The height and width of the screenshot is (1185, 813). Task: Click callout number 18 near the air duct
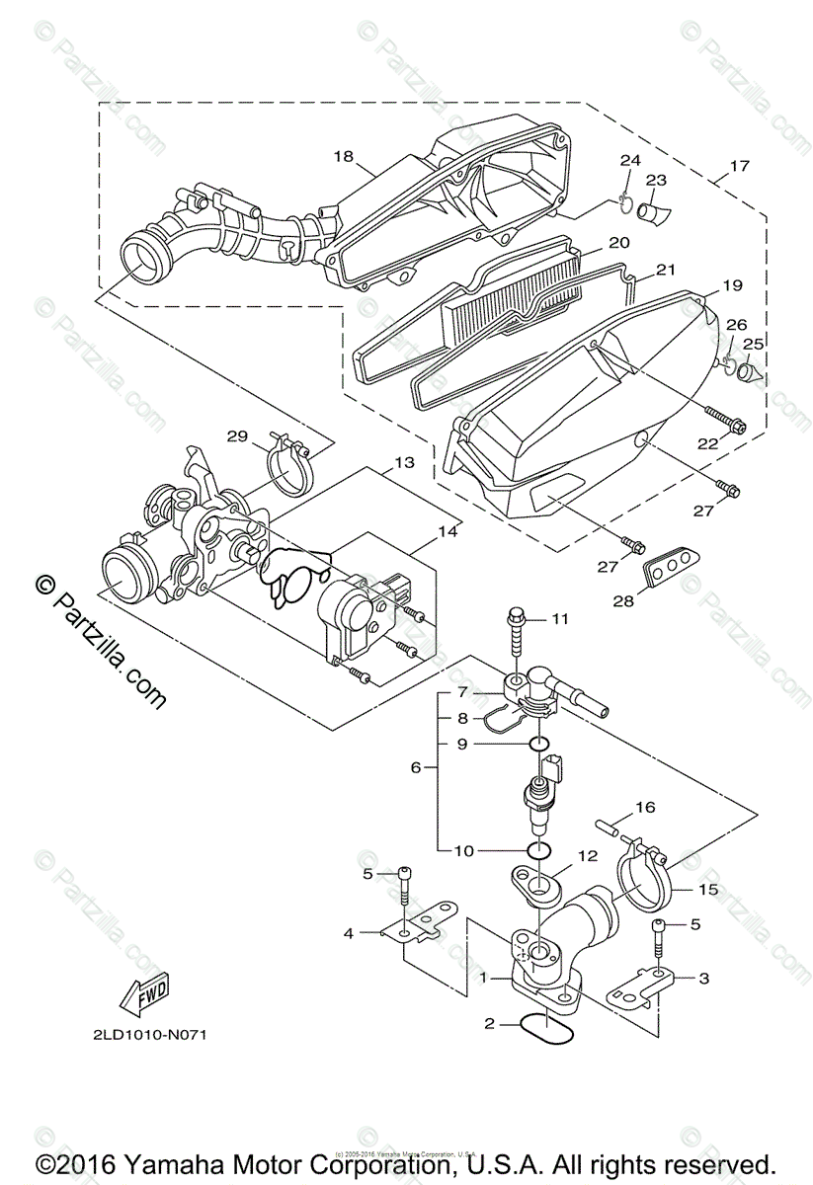click(344, 157)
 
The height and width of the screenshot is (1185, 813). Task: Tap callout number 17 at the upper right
click(740, 167)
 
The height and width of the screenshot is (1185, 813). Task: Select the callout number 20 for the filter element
click(619, 243)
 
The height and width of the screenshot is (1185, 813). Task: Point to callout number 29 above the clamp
click(236, 435)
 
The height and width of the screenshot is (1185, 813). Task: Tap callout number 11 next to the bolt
click(561, 619)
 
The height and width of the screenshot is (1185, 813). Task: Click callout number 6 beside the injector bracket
click(415, 766)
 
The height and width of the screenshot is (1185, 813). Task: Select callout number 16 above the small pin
click(645, 808)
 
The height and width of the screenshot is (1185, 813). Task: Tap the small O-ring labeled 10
click(538, 850)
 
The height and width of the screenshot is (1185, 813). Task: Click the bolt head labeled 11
click(516, 620)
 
